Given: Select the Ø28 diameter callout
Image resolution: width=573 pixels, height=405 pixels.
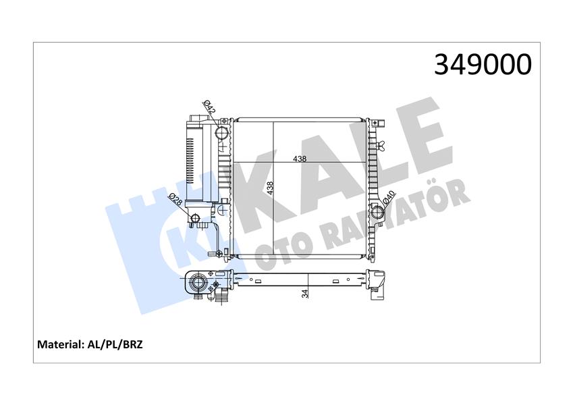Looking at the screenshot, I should point(174,200).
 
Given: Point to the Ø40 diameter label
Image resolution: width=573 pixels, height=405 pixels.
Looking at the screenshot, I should point(389,198).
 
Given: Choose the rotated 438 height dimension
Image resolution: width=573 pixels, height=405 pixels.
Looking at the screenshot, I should point(271,188).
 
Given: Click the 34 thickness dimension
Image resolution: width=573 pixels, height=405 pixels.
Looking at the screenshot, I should point(305,293).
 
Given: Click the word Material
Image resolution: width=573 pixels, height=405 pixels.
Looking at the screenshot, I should point(59,344).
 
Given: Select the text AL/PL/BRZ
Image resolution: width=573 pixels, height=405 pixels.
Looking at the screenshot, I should point(115,344).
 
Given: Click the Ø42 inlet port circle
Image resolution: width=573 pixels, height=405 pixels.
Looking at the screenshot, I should point(222,133).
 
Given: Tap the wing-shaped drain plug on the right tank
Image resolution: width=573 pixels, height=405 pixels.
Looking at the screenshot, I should point(382,143).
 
